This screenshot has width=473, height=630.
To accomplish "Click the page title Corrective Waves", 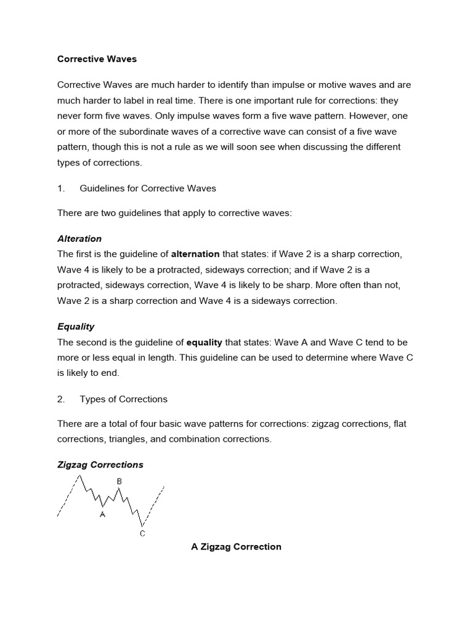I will [x=97, y=59].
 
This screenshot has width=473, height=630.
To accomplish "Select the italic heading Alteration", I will [x=79, y=238].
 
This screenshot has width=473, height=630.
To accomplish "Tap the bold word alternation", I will [x=195, y=253].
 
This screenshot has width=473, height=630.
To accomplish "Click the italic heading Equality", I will [x=76, y=326].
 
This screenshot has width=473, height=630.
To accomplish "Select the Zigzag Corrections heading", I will [x=100, y=465].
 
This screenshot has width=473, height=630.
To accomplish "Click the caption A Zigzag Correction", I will [x=236, y=546].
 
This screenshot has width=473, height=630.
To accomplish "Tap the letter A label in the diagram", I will [x=102, y=514].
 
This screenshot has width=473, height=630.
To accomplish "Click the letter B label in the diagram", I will [x=119, y=480].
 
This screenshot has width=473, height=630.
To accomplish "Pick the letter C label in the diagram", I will [x=142, y=533].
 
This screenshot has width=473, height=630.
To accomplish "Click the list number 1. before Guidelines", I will [x=61, y=188].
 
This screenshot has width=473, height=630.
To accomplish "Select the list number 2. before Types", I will [x=61, y=399].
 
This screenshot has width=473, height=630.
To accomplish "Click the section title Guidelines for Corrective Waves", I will [x=148, y=188].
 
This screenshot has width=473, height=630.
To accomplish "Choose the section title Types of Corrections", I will [x=123, y=399].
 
